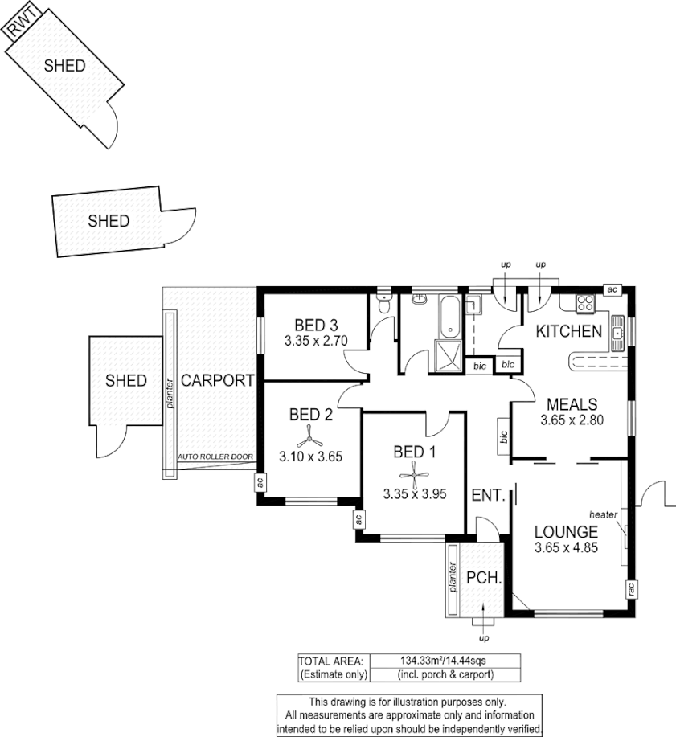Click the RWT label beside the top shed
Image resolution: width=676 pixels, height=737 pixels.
point(21,29)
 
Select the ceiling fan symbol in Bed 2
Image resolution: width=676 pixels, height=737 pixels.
point(310,438)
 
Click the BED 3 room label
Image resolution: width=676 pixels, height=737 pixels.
point(316,326)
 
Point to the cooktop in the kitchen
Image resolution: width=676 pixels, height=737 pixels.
point(584,304)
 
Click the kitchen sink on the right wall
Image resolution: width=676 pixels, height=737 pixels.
point(618,330)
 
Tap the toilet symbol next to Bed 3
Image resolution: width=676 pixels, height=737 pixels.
point(383,305)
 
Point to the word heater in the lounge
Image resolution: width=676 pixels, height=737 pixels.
point(603,514)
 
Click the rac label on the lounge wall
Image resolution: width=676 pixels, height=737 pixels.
point(631,589)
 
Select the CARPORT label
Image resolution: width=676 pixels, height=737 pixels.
point(217,381)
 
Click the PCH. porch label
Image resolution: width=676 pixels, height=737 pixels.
point(485,578)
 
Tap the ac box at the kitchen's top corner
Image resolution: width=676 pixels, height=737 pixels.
point(612,289)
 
